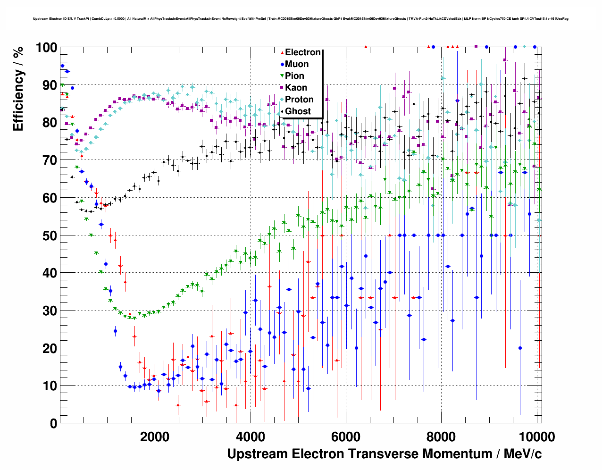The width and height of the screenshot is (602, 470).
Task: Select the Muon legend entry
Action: click(297, 64)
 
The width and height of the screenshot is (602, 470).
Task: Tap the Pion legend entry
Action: click(294, 76)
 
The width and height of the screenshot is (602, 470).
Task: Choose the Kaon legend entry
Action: click(296, 88)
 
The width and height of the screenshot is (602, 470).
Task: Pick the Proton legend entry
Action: click(299, 100)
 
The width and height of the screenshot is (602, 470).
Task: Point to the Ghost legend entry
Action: click(298, 111)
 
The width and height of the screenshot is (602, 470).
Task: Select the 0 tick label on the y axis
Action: click(53, 423)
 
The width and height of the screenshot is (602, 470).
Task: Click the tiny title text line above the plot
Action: click(301, 19)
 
